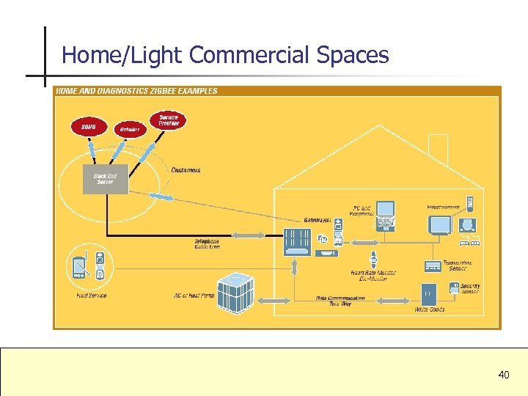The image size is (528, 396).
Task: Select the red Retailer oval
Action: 130,130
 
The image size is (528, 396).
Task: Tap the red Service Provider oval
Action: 169,120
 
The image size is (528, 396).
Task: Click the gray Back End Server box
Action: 106,179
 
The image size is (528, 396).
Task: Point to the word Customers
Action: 186,170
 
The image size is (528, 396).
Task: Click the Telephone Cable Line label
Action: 207,243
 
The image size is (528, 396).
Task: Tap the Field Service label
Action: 91,296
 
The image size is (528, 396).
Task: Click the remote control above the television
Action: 470,203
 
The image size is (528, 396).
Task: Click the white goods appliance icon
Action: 428,294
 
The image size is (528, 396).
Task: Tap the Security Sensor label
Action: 470,289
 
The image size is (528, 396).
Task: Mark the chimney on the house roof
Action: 439,149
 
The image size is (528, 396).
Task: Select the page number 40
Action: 504,375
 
